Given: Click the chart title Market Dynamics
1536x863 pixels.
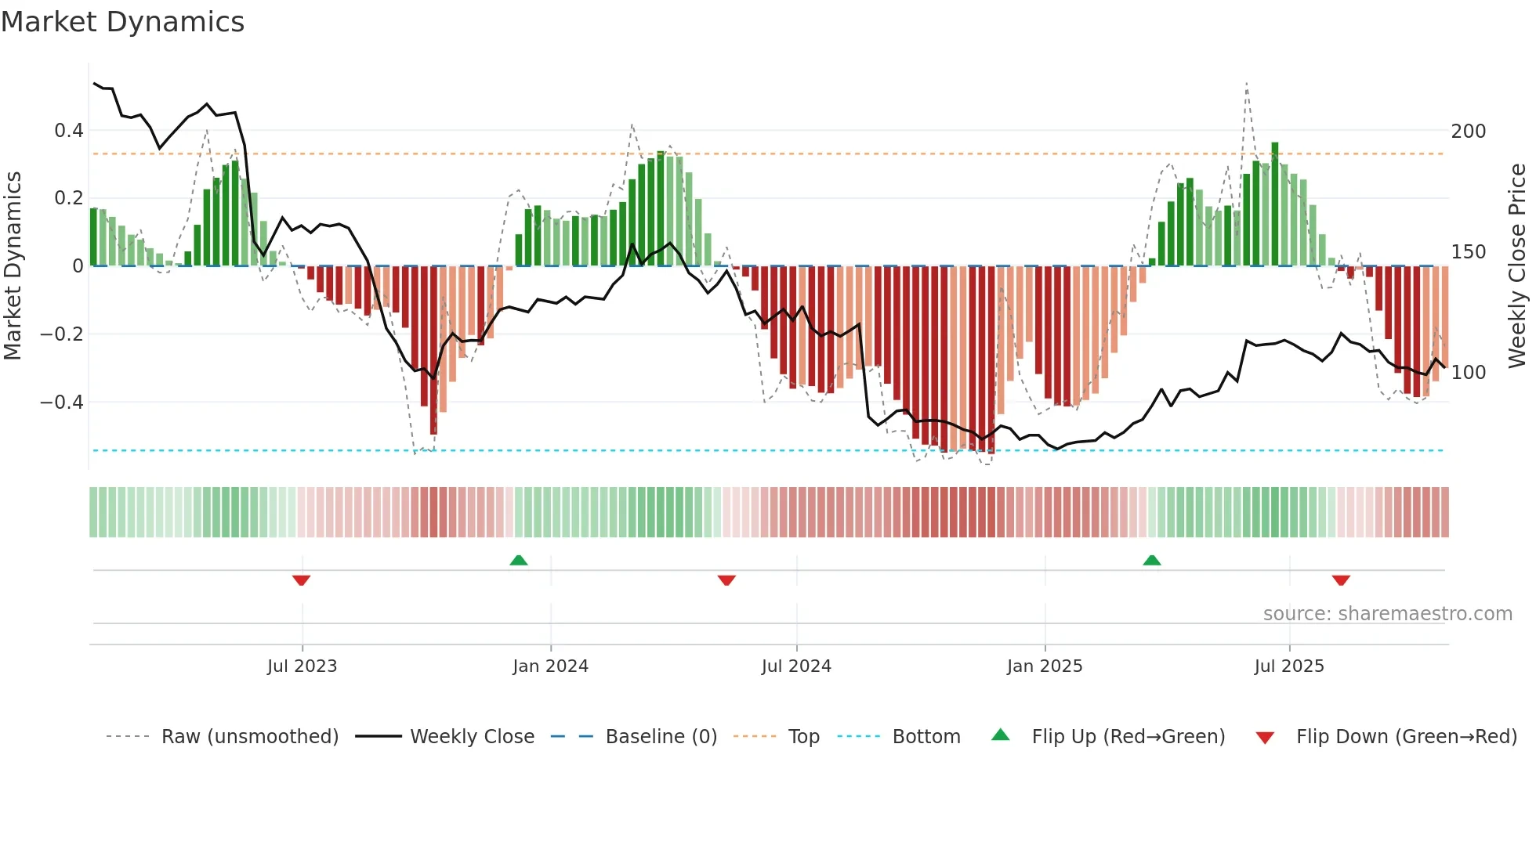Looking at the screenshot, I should [x=122, y=22].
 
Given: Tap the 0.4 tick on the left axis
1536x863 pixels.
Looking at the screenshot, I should [x=69, y=131].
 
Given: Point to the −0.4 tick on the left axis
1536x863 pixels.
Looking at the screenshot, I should [x=62, y=403].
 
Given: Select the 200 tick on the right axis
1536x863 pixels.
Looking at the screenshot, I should [x=1468, y=132].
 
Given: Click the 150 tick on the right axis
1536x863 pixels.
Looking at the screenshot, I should [x=1468, y=252].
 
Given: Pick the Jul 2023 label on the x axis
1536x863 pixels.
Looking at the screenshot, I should [x=302, y=666].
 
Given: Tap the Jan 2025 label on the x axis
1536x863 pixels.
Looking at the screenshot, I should [x=1044, y=666].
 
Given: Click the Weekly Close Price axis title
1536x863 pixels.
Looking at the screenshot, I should [x=1517, y=265].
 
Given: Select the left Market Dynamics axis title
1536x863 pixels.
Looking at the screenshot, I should [x=13, y=265].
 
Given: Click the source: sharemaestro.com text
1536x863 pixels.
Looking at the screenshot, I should [x=1387, y=614].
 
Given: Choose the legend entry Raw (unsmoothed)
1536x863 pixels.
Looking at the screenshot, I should [x=249, y=737].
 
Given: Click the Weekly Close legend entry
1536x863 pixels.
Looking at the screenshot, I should [x=472, y=737].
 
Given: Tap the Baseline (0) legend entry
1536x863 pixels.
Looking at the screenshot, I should [x=661, y=737].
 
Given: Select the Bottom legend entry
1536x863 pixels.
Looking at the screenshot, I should [x=926, y=737].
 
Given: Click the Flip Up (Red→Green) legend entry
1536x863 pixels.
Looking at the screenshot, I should [x=1128, y=737].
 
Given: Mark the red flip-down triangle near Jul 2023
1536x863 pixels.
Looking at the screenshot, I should [x=302, y=580].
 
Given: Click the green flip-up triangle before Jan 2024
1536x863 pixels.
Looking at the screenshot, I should [x=519, y=560].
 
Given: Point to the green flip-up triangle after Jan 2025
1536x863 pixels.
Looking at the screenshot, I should [x=1151, y=560].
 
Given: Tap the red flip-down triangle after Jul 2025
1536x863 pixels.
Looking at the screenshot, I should [x=1341, y=580].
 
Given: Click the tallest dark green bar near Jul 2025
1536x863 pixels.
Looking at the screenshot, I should [x=1275, y=204].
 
